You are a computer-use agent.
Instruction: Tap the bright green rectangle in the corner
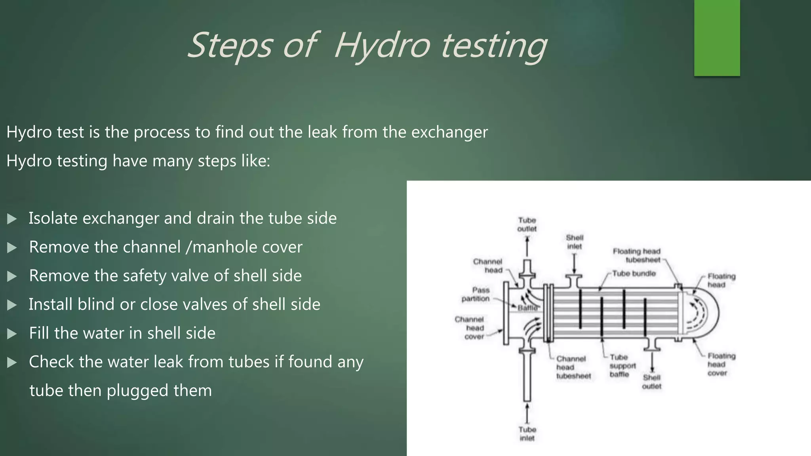(x=717, y=38)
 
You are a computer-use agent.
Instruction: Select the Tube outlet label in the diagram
(x=527, y=224)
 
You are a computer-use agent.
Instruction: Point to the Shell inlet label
(x=574, y=242)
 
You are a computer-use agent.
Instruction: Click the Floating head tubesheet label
(x=637, y=255)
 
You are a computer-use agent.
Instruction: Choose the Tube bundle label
(x=634, y=274)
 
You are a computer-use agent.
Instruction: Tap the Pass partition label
(x=476, y=294)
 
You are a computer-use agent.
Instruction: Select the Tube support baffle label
(x=623, y=366)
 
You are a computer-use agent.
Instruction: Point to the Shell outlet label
(x=651, y=382)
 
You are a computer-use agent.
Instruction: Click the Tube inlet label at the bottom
(x=527, y=434)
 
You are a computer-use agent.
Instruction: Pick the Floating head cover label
(x=721, y=364)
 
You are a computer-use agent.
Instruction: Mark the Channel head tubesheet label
(x=573, y=367)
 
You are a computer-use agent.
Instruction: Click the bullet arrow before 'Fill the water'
(x=12, y=334)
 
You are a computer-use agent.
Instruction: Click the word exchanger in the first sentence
(x=449, y=132)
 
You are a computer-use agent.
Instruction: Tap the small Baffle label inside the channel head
(x=527, y=308)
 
